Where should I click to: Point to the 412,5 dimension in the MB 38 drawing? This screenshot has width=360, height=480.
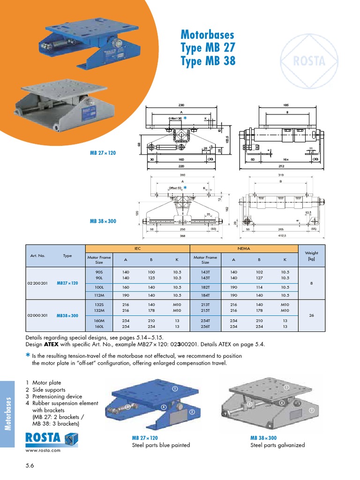tap(280, 236)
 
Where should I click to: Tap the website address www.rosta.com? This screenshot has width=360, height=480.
tap(43, 450)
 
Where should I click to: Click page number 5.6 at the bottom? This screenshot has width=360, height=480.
tap(31, 465)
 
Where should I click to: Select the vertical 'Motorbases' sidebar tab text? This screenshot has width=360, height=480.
tap(8, 412)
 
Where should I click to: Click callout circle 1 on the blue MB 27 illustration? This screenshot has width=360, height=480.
tap(174, 389)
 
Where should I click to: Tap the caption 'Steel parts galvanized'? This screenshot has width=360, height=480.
tap(277, 445)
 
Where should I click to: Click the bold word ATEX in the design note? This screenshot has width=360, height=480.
tap(52, 344)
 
